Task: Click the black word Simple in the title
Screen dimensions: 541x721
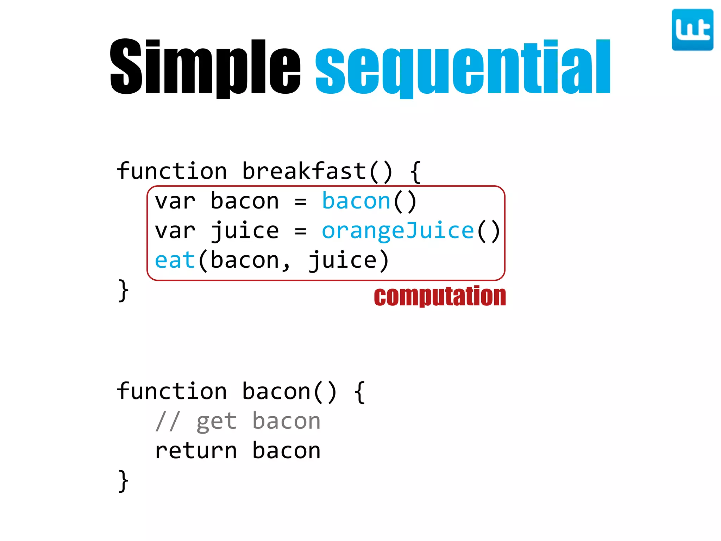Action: (x=205, y=67)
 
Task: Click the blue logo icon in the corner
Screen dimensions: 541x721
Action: (x=692, y=30)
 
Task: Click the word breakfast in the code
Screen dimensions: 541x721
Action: (x=304, y=172)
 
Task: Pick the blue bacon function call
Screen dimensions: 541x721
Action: (x=356, y=201)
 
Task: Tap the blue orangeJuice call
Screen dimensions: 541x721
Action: (x=398, y=231)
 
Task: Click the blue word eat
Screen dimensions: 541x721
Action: (x=175, y=261)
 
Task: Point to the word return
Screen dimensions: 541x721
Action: (x=196, y=451)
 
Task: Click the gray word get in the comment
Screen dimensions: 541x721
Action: (x=217, y=422)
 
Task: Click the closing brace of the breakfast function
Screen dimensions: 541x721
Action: (x=123, y=291)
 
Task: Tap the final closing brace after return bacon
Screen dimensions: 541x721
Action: (x=123, y=481)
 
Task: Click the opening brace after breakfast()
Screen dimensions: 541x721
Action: (x=415, y=172)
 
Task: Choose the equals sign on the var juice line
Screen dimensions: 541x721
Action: (x=300, y=231)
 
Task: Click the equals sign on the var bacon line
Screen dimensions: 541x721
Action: (x=300, y=202)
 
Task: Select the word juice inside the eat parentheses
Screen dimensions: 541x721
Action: (x=343, y=261)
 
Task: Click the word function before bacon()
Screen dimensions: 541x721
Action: (x=172, y=392)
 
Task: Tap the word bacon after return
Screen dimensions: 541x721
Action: (x=286, y=451)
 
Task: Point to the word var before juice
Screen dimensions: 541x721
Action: (x=175, y=231)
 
